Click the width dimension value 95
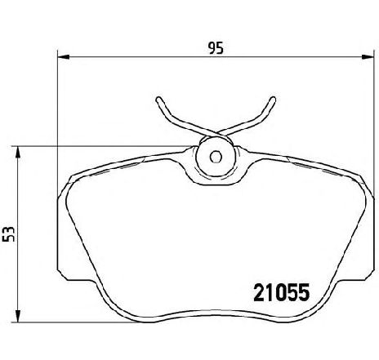[216, 48]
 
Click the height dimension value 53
[8, 233]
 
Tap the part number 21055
[282, 292]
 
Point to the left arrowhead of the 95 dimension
[64, 57]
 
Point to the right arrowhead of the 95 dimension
[367, 57]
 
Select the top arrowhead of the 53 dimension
[18, 152]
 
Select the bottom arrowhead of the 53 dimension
[18, 317]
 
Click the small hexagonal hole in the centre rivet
[216, 157]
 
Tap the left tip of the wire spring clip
[158, 99]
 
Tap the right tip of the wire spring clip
[273, 99]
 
